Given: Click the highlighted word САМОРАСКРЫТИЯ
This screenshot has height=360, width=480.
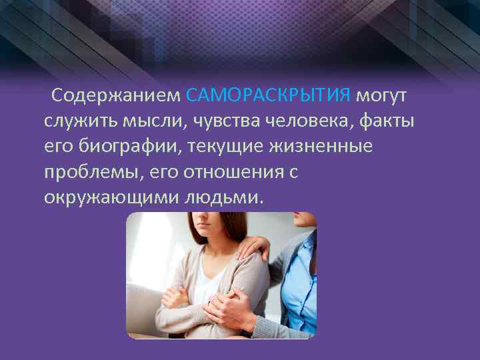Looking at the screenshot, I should tap(268, 96).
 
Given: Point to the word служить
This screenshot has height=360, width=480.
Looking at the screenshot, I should tap(81, 121).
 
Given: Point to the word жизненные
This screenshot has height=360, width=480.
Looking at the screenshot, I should tap(326, 147).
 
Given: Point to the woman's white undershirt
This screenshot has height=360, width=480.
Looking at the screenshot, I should tap(203, 273).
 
